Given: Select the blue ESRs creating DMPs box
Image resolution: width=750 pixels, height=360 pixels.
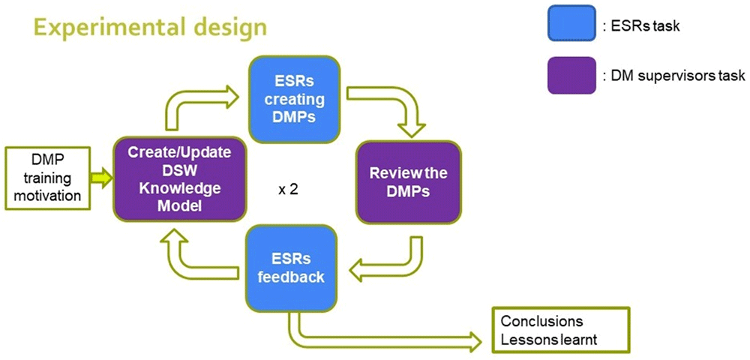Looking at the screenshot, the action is tap(295, 100).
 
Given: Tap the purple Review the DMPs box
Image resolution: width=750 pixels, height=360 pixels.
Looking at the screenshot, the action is tap(409, 183).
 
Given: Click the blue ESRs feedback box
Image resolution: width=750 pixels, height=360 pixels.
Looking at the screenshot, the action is tap(292, 268).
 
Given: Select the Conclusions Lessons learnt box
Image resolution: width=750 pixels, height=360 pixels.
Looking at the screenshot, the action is tap(561, 330).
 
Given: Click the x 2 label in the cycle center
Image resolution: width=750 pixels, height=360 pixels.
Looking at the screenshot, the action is tap(289, 190).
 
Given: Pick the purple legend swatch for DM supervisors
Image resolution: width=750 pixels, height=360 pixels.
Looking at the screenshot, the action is tap(571, 76).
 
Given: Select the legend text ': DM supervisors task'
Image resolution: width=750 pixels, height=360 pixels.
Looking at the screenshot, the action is tap(674, 76).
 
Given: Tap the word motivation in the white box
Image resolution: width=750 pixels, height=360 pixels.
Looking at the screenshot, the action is tap(46, 195).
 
